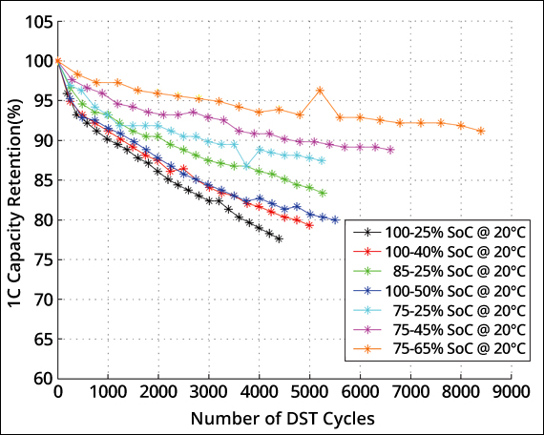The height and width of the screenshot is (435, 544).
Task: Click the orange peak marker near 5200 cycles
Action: click(320, 91)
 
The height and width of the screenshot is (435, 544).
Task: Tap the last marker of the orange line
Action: click(480, 131)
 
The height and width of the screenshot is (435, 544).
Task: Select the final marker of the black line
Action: click(279, 238)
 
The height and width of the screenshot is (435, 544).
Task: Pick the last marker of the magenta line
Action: click(390, 150)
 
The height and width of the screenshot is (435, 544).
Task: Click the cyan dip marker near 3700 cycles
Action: click(246, 166)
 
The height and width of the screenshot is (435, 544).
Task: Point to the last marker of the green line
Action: click(323, 193)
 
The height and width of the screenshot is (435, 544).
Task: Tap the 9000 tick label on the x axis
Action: click(511, 392)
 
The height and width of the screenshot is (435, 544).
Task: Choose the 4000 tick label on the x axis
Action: click(260, 392)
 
